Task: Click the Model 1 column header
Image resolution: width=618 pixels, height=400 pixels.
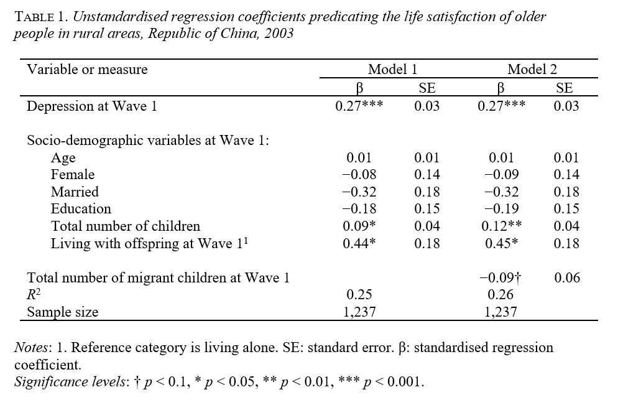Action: click(389, 69)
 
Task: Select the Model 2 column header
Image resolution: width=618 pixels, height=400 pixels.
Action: click(532, 69)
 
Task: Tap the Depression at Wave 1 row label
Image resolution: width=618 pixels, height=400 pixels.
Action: click(91, 106)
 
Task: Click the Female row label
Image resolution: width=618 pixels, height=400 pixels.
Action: click(73, 175)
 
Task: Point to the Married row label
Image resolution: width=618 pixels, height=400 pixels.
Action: click(75, 192)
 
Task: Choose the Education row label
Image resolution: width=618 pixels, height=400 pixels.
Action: click(81, 209)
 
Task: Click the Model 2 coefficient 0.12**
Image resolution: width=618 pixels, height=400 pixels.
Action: click(500, 226)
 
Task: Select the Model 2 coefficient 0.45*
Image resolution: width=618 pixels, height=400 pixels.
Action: click(500, 243)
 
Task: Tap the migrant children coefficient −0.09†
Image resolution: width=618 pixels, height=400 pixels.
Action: click(501, 278)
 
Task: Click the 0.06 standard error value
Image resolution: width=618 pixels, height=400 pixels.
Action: click(566, 278)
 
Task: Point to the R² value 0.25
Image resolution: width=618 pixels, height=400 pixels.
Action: click(359, 295)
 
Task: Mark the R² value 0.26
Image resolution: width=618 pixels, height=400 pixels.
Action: click(500, 295)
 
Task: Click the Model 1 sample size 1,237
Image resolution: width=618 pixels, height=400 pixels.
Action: click(359, 312)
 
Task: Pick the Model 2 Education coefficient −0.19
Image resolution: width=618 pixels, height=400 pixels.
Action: click(500, 209)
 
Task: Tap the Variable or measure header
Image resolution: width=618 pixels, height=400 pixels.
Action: click(87, 69)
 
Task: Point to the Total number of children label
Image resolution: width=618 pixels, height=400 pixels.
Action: click(125, 226)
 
